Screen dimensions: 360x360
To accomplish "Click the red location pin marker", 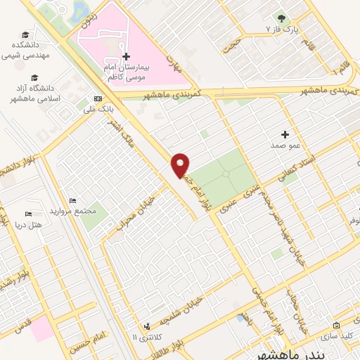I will click(x=181, y=165).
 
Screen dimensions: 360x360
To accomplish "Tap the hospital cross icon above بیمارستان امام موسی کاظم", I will click(x=126, y=56).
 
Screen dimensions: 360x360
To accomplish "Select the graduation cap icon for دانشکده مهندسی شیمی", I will click(x=25, y=35).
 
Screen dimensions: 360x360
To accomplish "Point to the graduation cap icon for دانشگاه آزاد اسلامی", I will click(x=34, y=78).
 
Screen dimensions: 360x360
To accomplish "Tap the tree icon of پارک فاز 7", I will click(x=282, y=18).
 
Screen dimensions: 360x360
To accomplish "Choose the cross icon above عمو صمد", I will click(x=285, y=134).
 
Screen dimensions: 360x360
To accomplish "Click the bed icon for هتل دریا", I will click(x=28, y=214).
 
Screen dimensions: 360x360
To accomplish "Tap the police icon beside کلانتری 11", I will click(x=146, y=326).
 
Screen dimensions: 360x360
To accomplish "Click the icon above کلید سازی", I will click(x=337, y=326).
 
